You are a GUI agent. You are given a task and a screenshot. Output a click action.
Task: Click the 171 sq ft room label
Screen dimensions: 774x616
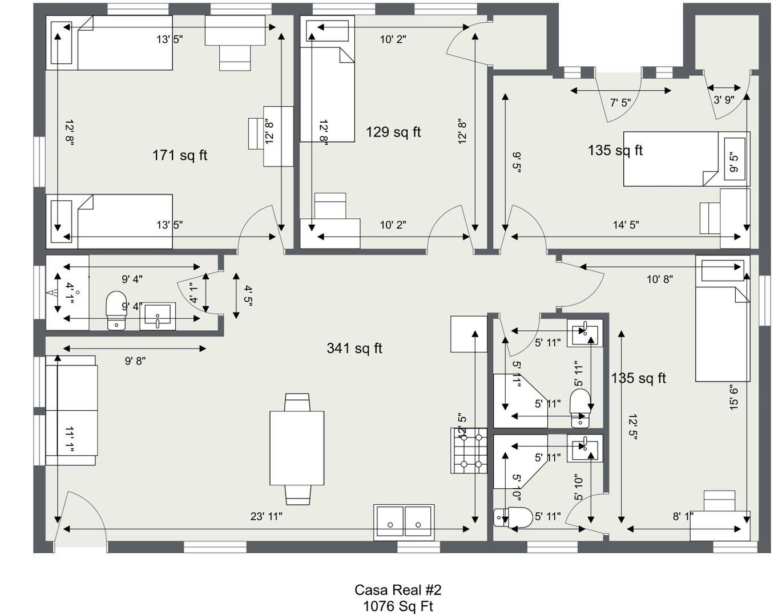click(x=180, y=155)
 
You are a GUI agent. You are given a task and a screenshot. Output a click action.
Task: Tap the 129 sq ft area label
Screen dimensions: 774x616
click(x=393, y=132)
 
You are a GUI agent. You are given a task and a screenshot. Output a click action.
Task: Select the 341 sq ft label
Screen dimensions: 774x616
click(x=354, y=348)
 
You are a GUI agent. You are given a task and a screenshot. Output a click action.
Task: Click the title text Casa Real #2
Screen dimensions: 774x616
click(x=398, y=590)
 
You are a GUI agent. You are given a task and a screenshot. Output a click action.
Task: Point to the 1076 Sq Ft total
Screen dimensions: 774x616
click(x=398, y=606)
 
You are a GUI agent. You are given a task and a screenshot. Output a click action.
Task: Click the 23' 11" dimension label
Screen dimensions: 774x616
click(x=266, y=516)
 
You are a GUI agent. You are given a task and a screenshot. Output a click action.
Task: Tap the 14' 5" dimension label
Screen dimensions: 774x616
click(x=626, y=225)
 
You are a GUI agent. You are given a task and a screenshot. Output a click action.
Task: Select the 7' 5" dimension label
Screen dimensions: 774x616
click(x=620, y=103)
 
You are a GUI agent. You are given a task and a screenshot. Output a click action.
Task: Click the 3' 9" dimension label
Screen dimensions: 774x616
click(x=724, y=100)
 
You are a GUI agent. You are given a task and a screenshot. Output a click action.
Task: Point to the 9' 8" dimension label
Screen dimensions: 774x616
click(x=135, y=361)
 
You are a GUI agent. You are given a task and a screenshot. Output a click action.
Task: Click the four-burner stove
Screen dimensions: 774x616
click(x=469, y=451)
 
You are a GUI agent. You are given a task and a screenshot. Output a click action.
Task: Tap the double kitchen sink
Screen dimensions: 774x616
click(x=404, y=522)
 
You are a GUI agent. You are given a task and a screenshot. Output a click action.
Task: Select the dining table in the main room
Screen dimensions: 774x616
click(x=297, y=448)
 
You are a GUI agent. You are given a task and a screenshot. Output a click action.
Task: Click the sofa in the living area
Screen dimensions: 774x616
click(x=71, y=411)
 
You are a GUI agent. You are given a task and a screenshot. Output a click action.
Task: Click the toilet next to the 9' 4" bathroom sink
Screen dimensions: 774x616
click(x=116, y=310)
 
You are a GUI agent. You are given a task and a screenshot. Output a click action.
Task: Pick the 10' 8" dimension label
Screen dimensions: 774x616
click(x=660, y=279)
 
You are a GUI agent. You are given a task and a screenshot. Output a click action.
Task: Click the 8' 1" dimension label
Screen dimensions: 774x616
click(x=683, y=516)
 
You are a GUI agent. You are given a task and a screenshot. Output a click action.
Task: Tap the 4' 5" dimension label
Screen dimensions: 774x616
click(x=248, y=295)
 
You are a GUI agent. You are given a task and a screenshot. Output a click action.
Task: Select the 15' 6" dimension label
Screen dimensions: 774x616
click(x=733, y=399)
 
